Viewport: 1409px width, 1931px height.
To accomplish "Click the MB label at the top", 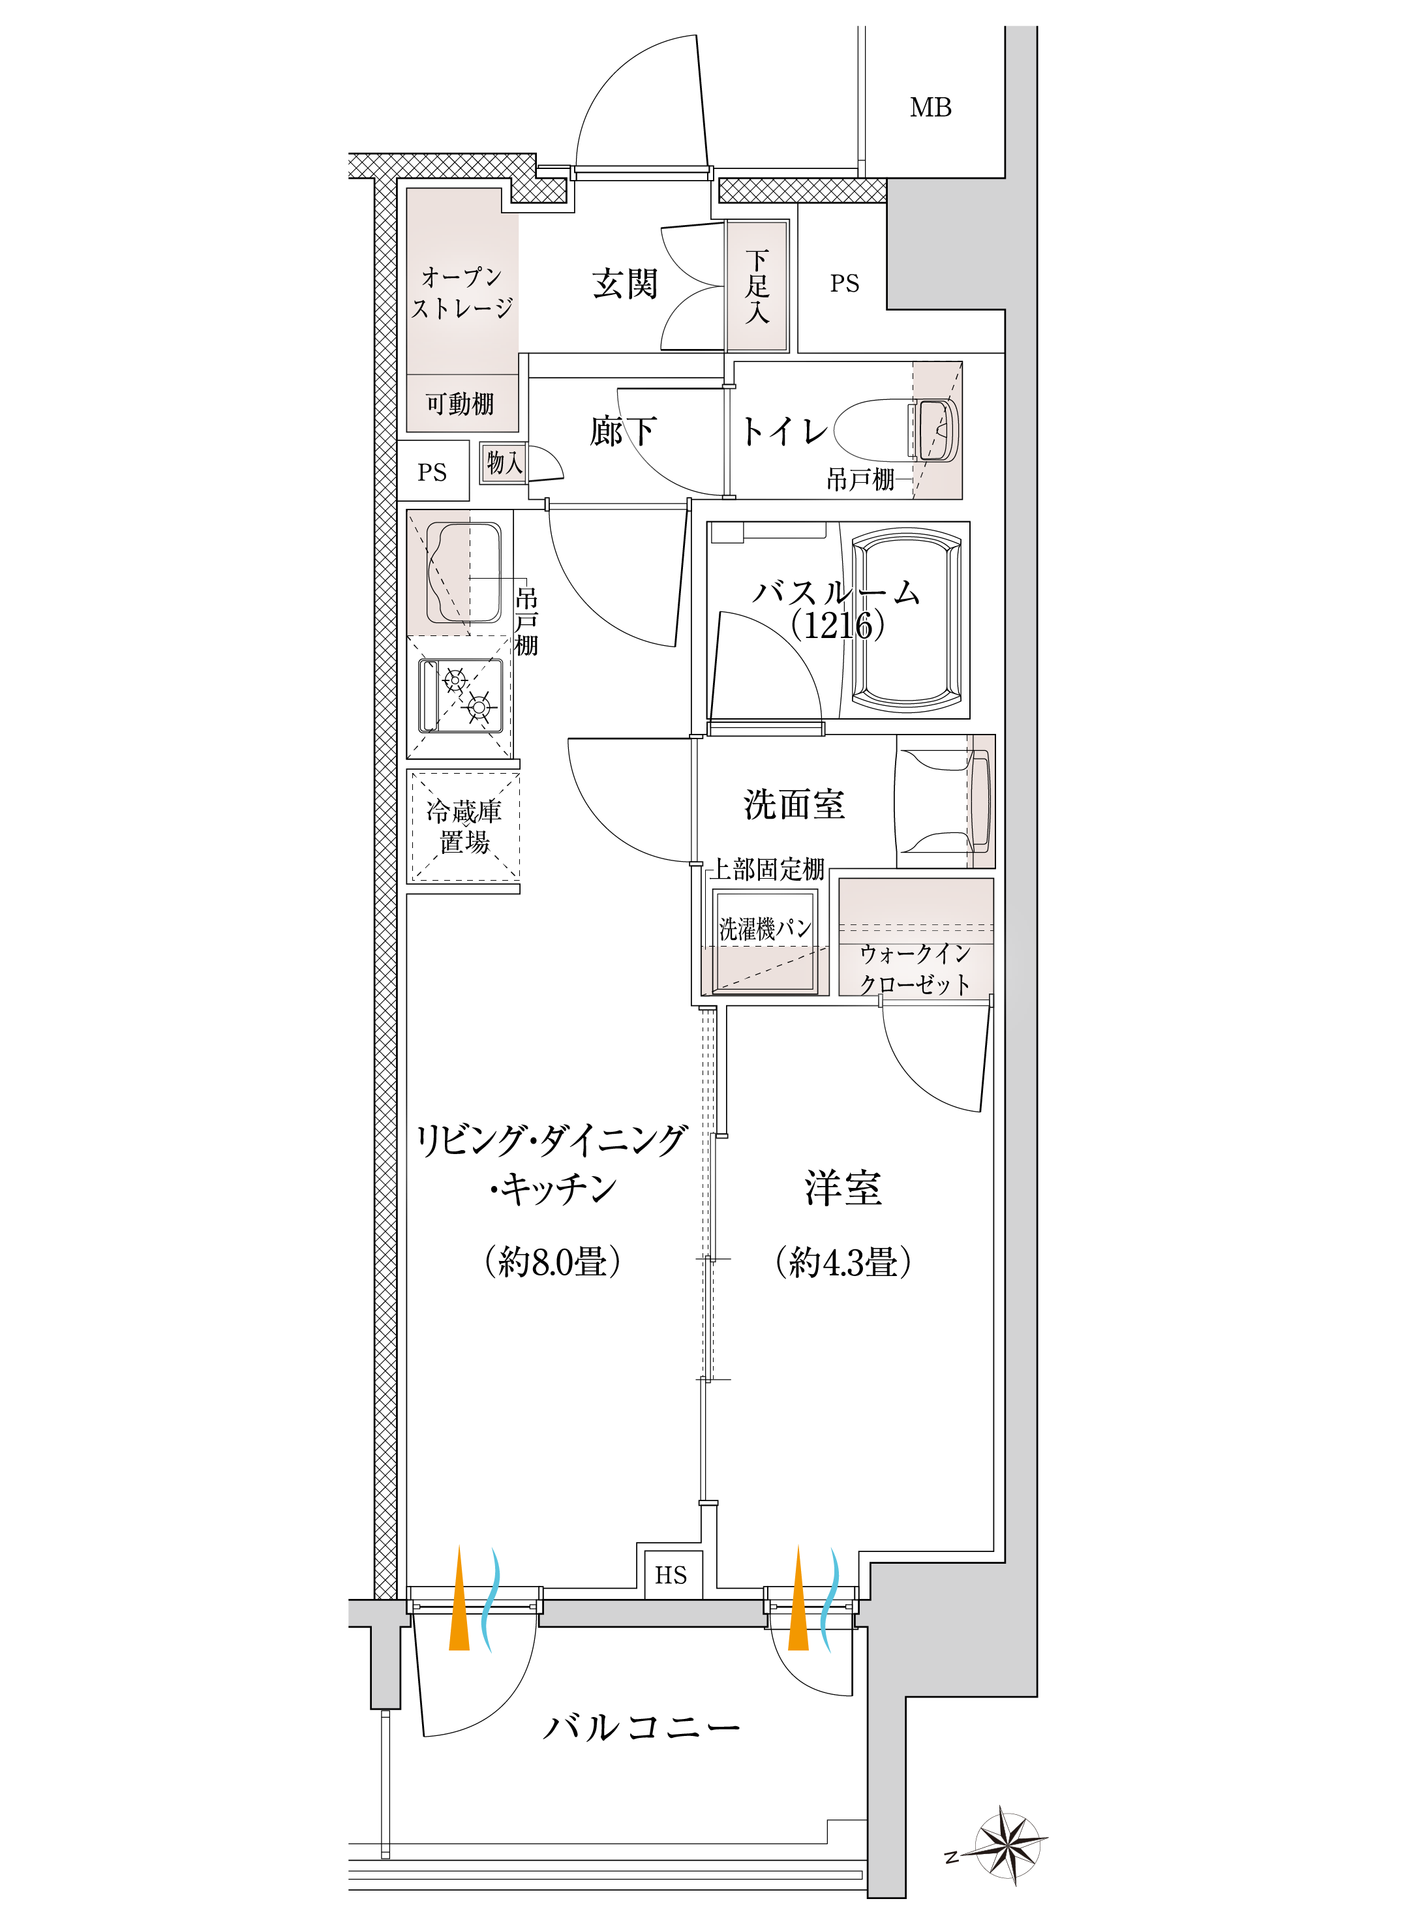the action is (x=930, y=108).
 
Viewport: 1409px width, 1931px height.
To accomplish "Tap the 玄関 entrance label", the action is (x=625, y=284).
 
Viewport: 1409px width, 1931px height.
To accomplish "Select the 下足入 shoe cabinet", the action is (x=757, y=286).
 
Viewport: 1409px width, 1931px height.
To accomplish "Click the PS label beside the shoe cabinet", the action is (x=844, y=283).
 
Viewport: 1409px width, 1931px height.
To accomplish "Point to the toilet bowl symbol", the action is (x=896, y=430).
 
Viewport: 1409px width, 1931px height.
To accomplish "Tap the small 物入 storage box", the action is (x=503, y=463).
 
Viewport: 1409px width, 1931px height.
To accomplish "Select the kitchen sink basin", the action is (x=464, y=573).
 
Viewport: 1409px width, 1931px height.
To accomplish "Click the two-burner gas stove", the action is (x=461, y=696).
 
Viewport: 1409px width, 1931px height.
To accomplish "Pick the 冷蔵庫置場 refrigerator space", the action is (x=464, y=827).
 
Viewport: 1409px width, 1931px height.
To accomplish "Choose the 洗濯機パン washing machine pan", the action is (x=765, y=941).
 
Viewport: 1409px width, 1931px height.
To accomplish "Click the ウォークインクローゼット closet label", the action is (x=915, y=969).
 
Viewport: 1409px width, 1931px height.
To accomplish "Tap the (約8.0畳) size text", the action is (x=553, y=1262).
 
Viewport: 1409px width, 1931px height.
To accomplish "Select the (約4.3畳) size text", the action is (x=843, y=1262).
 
